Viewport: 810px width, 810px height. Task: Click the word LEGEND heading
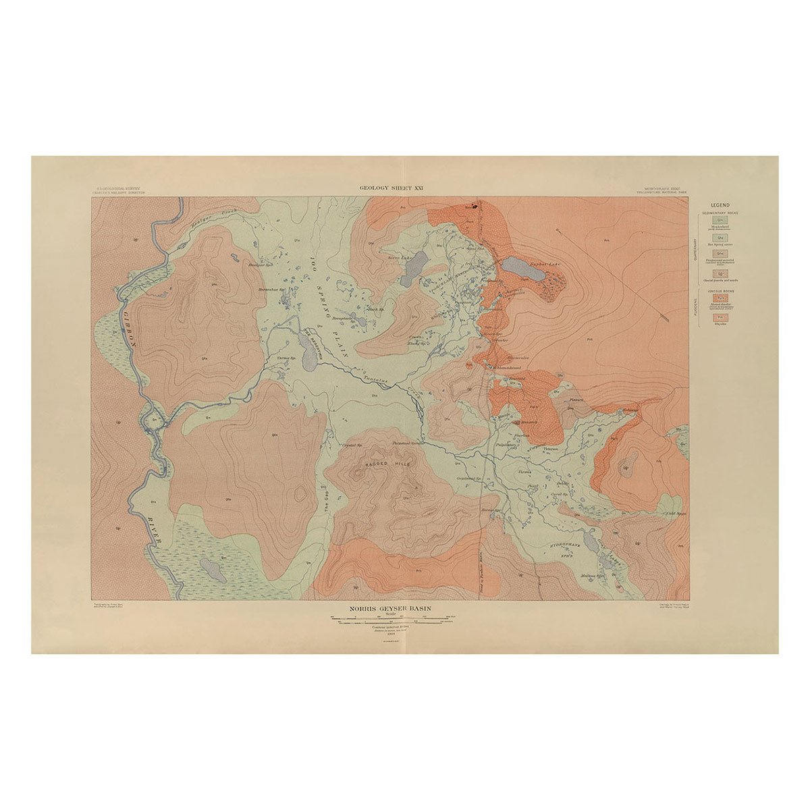721,205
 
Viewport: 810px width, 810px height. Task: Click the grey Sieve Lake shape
414,269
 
